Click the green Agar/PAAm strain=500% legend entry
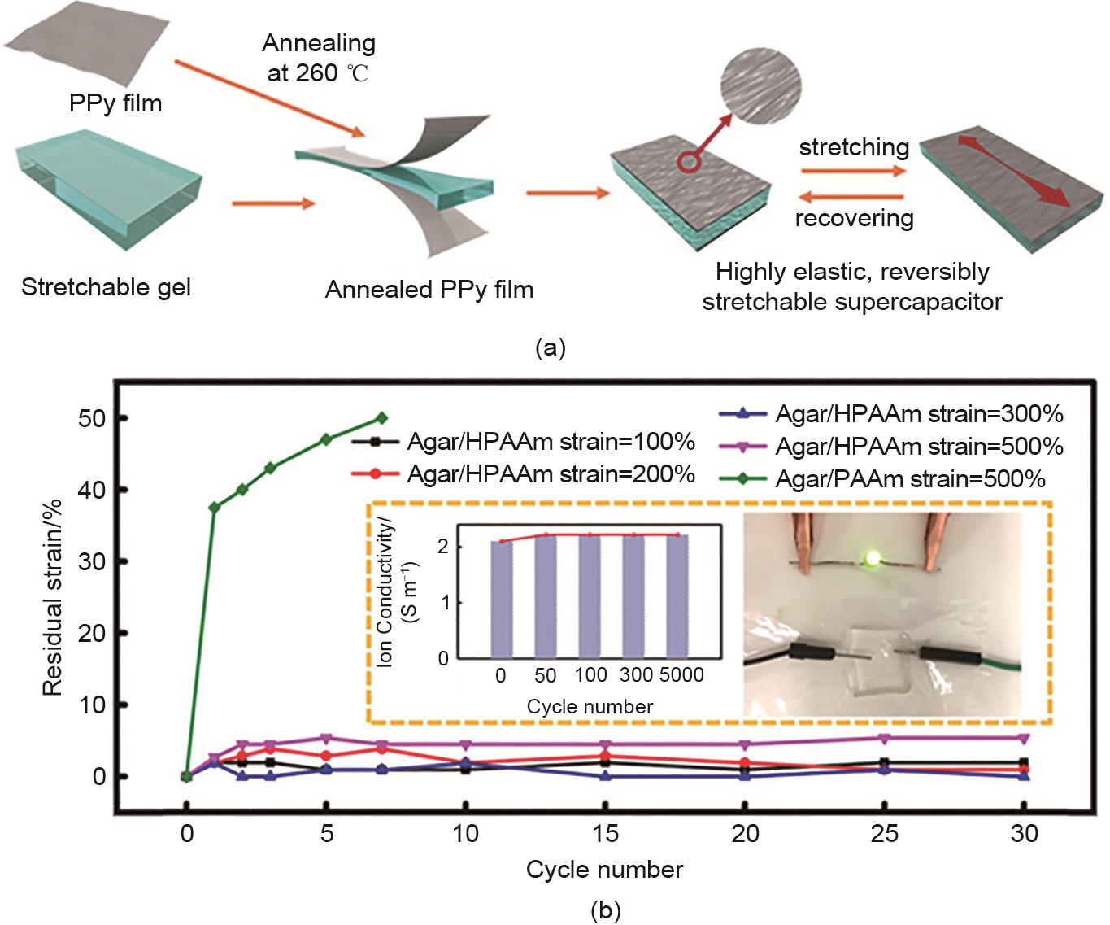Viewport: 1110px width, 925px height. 882,479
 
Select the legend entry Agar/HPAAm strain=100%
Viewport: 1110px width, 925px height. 523,442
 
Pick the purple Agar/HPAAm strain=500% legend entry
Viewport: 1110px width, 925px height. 891,447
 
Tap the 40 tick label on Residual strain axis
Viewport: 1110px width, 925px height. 91,490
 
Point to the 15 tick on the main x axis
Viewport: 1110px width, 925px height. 606,833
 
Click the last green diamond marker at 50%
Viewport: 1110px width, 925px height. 381,418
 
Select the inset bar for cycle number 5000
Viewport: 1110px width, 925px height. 677,596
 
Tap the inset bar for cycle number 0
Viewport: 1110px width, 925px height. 501,600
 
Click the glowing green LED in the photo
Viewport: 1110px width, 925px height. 873,559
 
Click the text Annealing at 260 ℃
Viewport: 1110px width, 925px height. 319,58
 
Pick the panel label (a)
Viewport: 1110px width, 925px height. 551,348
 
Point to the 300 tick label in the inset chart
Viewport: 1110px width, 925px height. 636,675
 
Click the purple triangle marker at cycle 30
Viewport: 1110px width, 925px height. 1024,739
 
